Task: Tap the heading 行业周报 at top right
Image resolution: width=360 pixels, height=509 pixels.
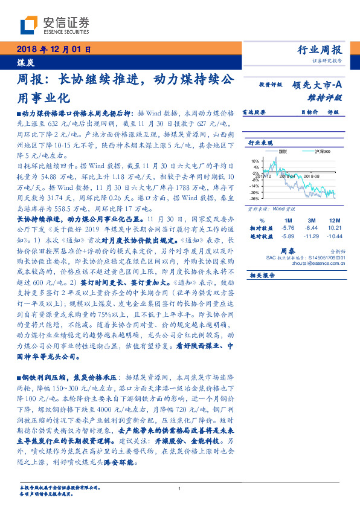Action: tap(320, 50)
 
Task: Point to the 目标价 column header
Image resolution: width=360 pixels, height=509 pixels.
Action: tap(310, 112)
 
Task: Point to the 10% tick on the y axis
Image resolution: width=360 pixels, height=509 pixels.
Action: tap(256, 161)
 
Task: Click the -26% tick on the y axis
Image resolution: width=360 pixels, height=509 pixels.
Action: tap(255, 198)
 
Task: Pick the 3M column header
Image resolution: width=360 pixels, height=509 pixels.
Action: tap(312, 221)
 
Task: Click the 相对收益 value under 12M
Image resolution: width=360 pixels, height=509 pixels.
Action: tap(334, 228)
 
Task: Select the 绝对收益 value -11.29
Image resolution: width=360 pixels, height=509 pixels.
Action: tap(312, 236)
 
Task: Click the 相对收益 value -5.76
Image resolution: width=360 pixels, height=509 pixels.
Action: tap(288, 228)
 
